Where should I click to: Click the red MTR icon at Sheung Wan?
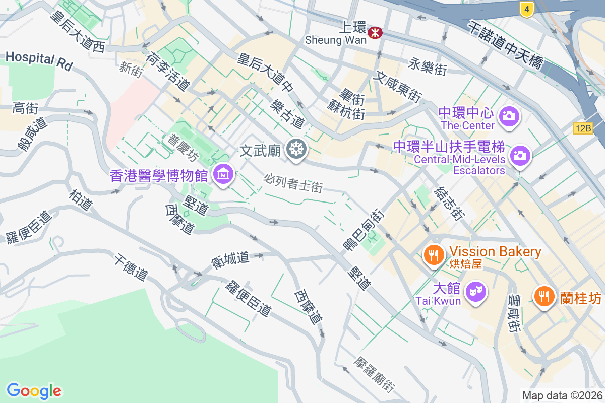click(x=375, y=33)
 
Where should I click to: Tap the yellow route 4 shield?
click(x=526, y=9)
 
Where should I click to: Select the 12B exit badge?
click(x=583, y=128)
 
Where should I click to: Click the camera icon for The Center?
click(x=508, y=116)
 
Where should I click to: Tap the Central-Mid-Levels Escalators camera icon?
click(x=519, y=155)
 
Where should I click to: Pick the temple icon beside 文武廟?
click(x=296, y=149)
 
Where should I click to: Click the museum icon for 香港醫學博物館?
click(x=222, y=174)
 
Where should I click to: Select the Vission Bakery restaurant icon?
click(x=433, y=254)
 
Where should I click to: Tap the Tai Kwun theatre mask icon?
click(x=475, y=291)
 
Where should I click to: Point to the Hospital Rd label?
click(x=39, y=60)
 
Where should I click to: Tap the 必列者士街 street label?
click(x=293, y=183)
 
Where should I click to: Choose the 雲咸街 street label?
click(x=514, y=313)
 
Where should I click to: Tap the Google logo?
click(x=34, y=391)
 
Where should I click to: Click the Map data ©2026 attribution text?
click(x=562, y=395)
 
